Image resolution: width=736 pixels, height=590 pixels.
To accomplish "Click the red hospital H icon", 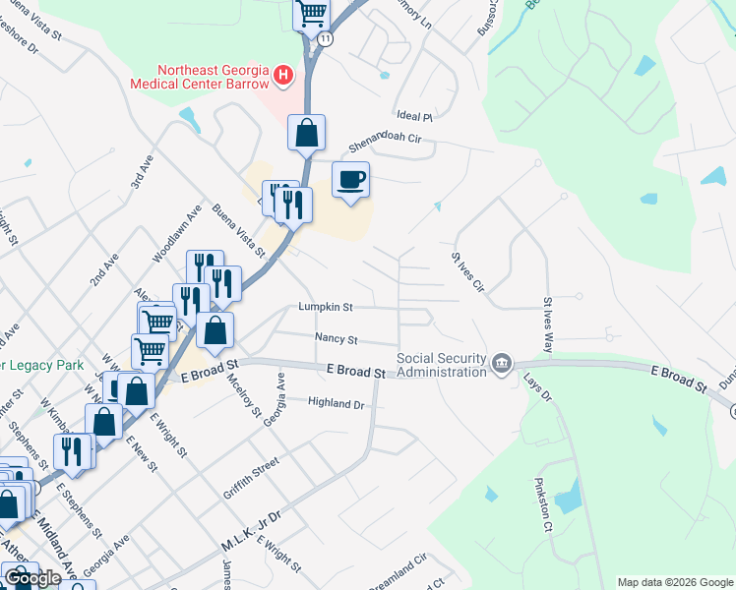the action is coord(283,74).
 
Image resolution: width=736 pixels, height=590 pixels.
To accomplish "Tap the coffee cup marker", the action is coord(350,180).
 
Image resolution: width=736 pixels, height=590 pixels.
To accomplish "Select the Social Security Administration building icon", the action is coord(502,365).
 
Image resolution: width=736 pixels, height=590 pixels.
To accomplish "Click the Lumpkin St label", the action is coord(326,308).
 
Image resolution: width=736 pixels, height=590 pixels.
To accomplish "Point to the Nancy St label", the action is coord(336,338).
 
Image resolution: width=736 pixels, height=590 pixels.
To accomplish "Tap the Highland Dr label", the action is coord(336,403).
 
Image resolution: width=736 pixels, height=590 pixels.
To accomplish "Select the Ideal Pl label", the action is coord(413,116).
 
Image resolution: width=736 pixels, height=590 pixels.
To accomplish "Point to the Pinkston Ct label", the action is coord(541,505).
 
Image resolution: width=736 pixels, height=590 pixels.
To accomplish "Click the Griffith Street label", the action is coord(245,475).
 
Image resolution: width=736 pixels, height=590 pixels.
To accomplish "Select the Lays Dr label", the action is coord(537,384).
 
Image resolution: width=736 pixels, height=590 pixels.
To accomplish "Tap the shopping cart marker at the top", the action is coord(311,14).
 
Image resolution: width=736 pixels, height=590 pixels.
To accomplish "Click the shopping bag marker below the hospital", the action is coord(306,134).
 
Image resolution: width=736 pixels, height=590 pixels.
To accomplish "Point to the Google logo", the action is coord(32,578).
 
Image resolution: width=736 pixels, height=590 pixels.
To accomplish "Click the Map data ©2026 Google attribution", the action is coord(674,582).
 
